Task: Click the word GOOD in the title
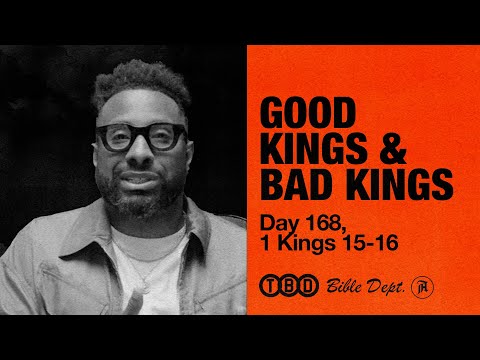(306, 112)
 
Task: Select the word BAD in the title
(295, 185)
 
